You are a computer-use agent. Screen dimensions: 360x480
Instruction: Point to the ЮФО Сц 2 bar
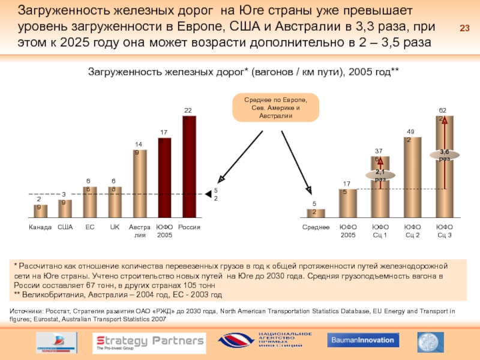[x=412, y=176]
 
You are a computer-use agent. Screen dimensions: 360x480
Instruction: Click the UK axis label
[x=115, y=227]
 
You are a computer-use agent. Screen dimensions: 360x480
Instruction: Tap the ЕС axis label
[x=90, y=227]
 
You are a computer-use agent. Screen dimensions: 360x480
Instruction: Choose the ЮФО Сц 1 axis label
[x=380, y=231]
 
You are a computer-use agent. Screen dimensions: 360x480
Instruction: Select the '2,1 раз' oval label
[x=380, y=175]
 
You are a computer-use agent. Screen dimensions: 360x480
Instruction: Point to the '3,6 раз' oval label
[x=445, y=155]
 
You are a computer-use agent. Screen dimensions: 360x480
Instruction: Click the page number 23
[x=464, y=28]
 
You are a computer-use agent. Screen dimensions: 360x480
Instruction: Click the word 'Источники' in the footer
[x=27, y=311]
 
